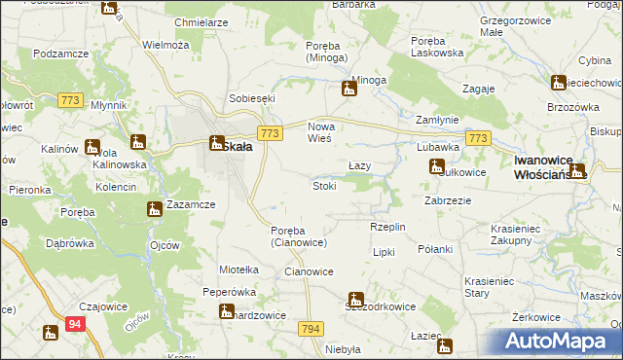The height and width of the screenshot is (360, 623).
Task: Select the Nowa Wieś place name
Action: tap(327, 132)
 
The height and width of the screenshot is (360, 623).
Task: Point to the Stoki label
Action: tap(324, 186)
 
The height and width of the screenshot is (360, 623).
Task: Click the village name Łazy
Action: tap(359, 165)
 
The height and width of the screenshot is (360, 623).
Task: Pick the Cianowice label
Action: tap(309, 272)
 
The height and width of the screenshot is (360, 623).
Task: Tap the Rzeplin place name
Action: tap(386, 227)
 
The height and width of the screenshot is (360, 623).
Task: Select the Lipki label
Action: tap(384, 251)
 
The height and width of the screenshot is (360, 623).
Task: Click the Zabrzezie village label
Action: tap(448, 200)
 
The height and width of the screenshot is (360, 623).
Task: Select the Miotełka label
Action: tap(238, 270)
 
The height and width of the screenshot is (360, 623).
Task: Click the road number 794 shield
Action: tap(311, 330)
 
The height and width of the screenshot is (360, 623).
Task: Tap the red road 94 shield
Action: tap(77, 332)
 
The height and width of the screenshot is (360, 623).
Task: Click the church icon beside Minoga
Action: tap(349, 90)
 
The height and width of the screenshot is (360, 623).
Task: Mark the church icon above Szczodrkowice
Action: tap(356, 299)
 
